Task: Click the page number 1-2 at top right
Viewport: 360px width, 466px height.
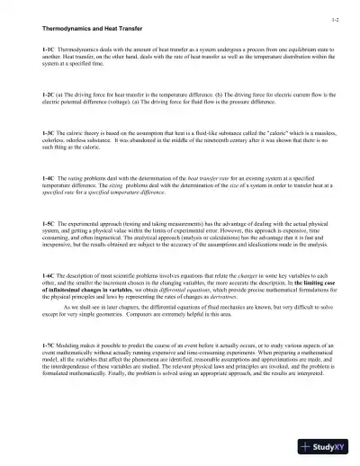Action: [x=334, y=19]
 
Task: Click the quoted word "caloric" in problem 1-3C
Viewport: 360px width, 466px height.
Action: [x=266, y=133]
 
